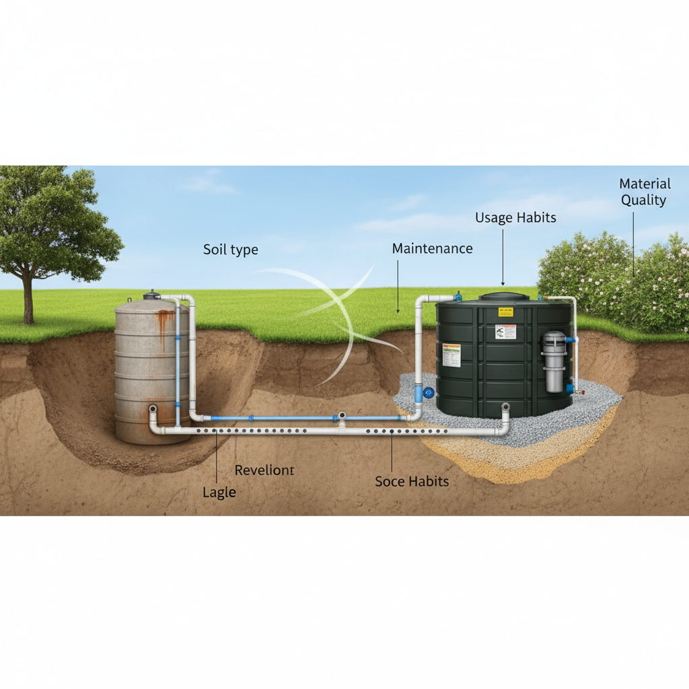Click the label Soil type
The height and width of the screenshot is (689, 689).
(x=230, y=250)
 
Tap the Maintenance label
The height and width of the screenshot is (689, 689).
(x=432, y=248)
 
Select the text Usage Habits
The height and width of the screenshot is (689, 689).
(x=515, y=218)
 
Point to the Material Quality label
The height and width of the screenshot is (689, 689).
(x=645, y=192)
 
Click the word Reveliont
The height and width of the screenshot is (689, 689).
(x=264, y=470)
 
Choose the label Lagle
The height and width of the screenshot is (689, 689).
(x=219, y=493)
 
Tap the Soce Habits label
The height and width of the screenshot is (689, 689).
(x=412, y=481)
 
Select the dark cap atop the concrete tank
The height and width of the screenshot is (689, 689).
(x=152, y=295)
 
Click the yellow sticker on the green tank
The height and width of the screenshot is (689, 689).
(x=505, y=312)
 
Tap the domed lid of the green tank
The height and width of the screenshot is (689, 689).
(x=503, y=297)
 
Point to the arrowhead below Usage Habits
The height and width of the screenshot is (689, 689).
(x=503, y=282)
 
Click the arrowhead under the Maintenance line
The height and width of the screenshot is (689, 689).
(x=398, y=311)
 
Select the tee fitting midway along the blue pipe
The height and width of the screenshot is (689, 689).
(x=342, y=418)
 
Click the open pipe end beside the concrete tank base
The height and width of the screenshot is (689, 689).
(x=153, y=408)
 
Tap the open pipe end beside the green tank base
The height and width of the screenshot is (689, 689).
(x=505, y=407)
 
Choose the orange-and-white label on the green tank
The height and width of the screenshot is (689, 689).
(x=451, y=355)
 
